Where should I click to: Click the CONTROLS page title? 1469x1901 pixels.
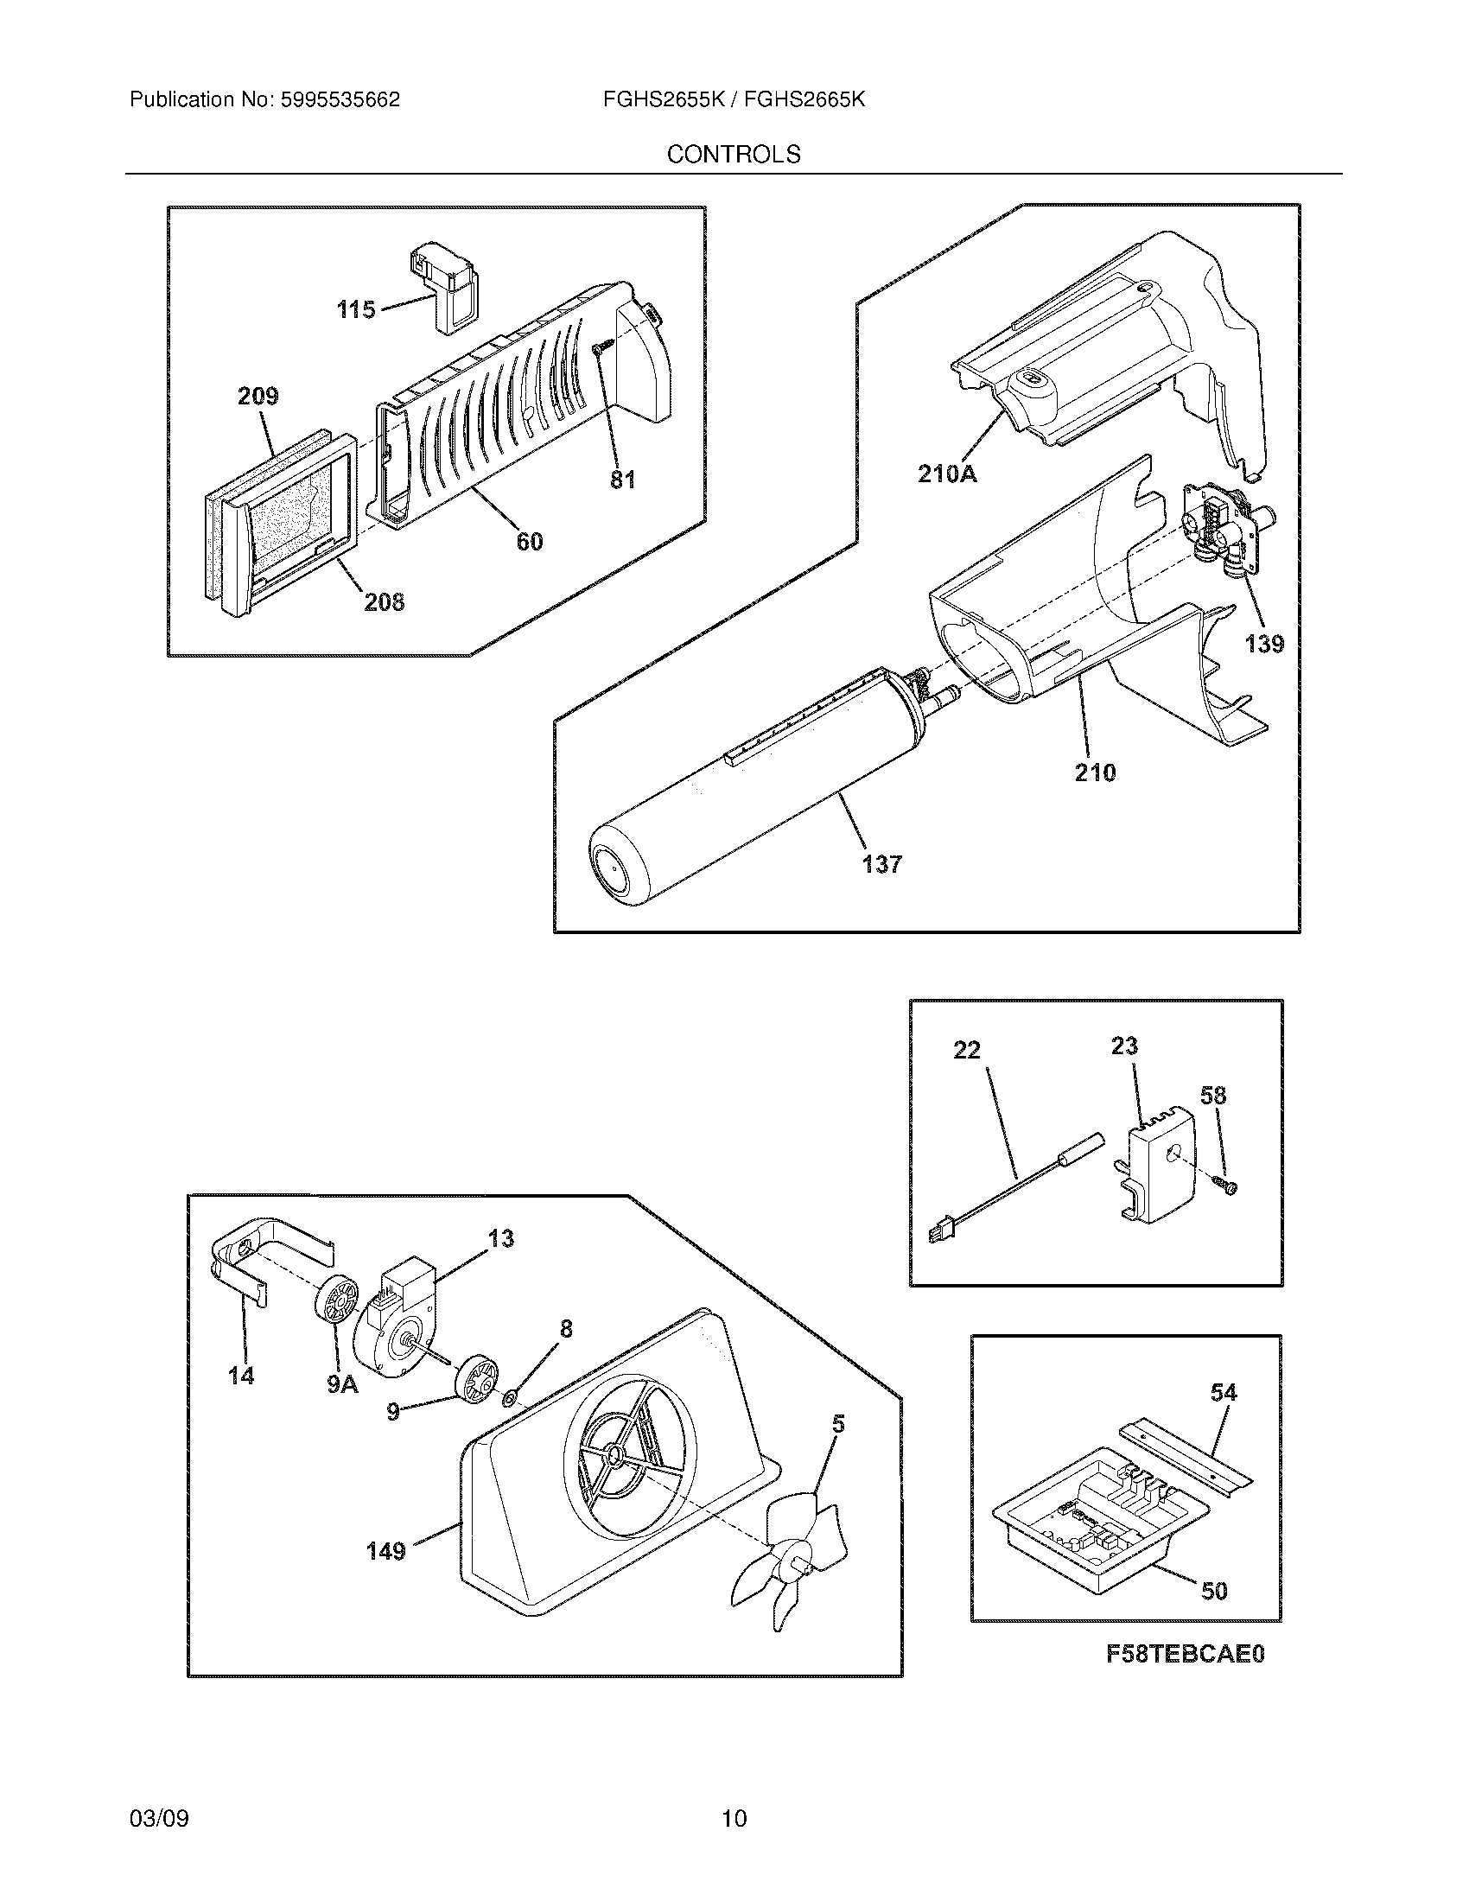[x=734, y=155]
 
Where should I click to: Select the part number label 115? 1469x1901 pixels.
[x=356, y=309]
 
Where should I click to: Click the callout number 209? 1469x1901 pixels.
[x=258, y=397]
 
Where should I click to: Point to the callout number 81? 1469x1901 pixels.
[x=623, y=480]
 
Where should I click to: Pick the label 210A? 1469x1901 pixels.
[x=948, y=474]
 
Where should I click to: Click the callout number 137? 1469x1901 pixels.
[x=882, y=864]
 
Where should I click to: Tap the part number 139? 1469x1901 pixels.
[x=1263, y=644]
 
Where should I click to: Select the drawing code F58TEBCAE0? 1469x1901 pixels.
[x=1185, y=1678]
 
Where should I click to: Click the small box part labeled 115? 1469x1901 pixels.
[x=445, y=287]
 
